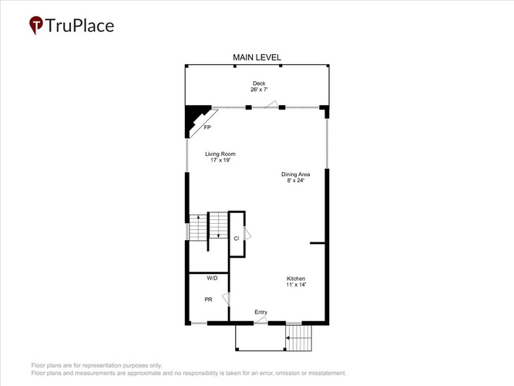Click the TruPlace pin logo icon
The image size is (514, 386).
coord(36,25)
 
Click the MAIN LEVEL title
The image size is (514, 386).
coord(257,57)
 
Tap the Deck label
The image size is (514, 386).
coord(259,83)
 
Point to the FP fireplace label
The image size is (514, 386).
coord(207,127)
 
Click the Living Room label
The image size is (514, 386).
coord(220,154)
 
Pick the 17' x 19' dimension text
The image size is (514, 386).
coord(220,160)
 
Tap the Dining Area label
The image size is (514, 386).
coord(296,174)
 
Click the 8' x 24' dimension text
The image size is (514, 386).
coord(296,181)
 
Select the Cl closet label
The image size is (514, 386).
coord(237,239)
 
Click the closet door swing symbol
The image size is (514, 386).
coord(247,233)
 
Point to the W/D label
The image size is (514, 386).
coord(212,278)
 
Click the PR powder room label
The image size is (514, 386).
coord(208,300)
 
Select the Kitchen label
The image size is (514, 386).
coord(296,279)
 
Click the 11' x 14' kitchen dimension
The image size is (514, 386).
coord(296,285)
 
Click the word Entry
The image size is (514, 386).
coord(261,312)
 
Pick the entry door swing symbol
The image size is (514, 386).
coord(261,320)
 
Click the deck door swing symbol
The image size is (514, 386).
coord(271,104)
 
